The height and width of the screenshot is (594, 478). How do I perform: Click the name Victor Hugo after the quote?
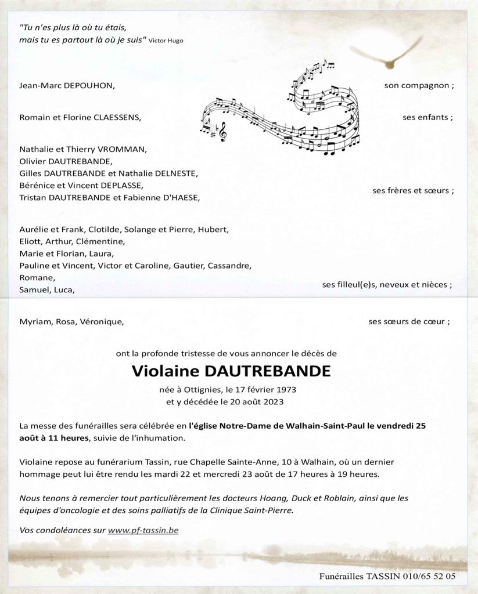[166, 41]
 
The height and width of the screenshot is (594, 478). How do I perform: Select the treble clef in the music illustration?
[222, 133]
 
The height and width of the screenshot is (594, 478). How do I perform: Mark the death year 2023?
[272, 401]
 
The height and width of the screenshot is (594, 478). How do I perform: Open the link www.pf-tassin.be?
[143, 530]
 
